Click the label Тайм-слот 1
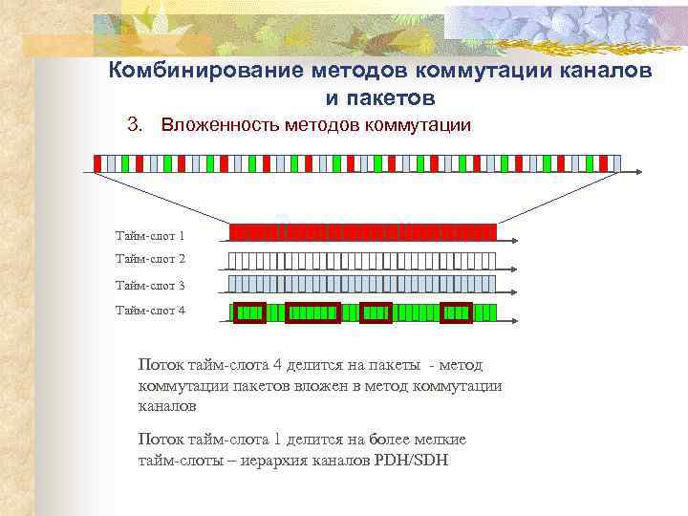point(150,235)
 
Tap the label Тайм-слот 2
point(150,259)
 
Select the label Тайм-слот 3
point(150,285)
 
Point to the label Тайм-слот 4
point(150,310)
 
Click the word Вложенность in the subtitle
point(220,125)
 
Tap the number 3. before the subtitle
point(135,125)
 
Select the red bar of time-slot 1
point(363,232)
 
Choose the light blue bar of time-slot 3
point(363,284)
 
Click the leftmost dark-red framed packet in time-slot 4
point(250,312)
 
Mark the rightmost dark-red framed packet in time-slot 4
point(456,312)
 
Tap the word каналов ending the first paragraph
point(167,406)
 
